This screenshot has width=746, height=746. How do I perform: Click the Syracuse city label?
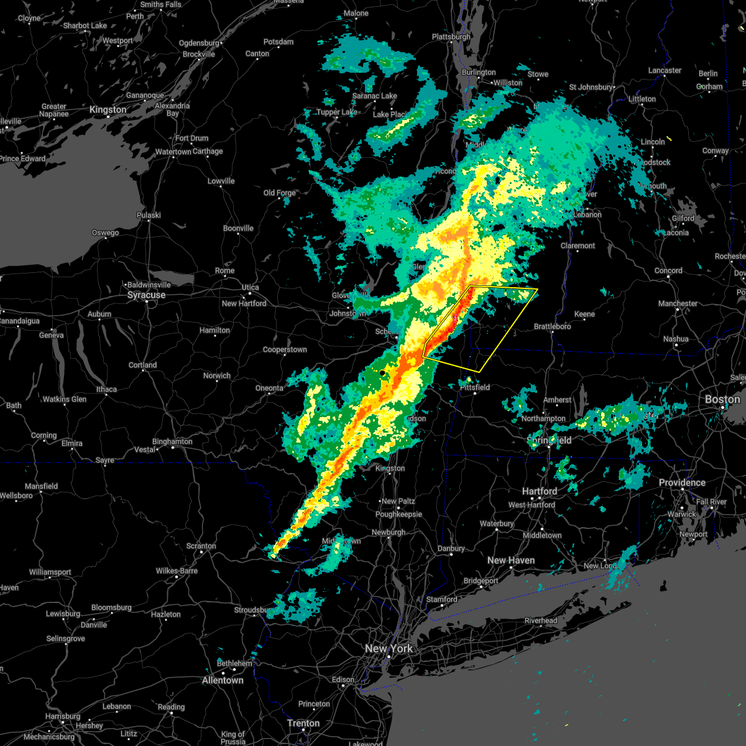point(146,295)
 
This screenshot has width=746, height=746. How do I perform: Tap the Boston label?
point(722,399)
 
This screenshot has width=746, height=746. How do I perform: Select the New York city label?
point(389,648)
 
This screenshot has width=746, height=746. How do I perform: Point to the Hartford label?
point(540,491)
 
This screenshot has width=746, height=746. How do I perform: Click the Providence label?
point(682,482)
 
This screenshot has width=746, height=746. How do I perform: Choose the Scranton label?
point(201,546)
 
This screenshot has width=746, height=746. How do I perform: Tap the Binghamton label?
point(172,441)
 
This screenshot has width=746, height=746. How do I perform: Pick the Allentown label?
point(223,680)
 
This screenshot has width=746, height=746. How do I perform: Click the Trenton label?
point(303,723)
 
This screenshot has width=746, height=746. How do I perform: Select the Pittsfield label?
point(475,387)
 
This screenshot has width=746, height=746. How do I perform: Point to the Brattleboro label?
point(553,326)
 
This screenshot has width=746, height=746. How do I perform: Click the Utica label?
point(250,287)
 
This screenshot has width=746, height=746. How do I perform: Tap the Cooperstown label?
point(285,349)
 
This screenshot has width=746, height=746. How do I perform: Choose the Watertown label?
point(173,152)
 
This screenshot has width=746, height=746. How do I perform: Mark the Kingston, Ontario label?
point(108,109)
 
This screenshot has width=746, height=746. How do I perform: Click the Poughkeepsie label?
point(398,514)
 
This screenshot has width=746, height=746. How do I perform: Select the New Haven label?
point(511,560)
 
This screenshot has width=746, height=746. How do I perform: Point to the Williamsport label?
point(50,572)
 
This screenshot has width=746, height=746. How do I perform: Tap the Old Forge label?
point(280,193)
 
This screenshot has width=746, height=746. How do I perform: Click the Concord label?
point(668,270)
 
